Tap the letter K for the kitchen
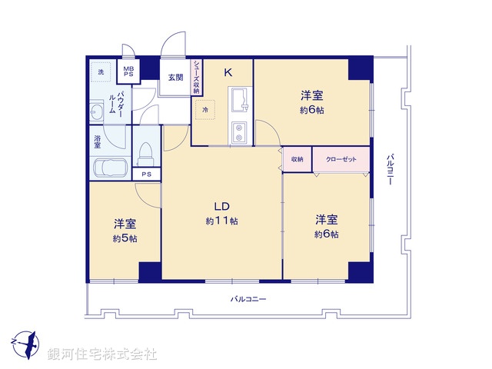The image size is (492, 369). pos(228,73)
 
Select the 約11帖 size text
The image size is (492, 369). pos(221,221)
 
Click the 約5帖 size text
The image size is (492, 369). pos(125,239)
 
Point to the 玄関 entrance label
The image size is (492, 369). pos(175,77)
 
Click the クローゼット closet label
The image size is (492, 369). pos(341,159)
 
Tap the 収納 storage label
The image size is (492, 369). pos(298,159)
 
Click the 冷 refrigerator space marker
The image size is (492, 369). pos(205,111)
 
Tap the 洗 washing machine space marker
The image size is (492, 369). pos(100,72)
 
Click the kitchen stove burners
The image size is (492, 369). pos(238,132)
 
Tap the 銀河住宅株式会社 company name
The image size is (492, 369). pos(102,354)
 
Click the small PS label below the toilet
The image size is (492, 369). pos(146,175)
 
